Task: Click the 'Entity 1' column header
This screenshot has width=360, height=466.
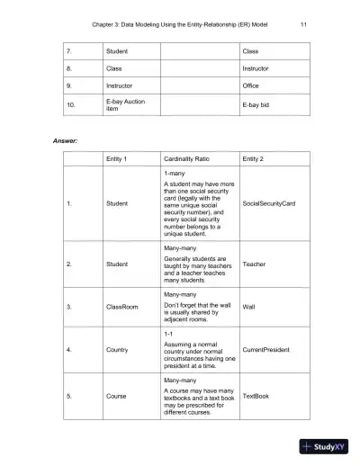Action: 119,159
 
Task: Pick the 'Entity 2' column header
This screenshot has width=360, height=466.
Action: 256,159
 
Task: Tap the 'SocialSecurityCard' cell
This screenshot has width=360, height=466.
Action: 269,203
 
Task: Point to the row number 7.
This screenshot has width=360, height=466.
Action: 69,51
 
